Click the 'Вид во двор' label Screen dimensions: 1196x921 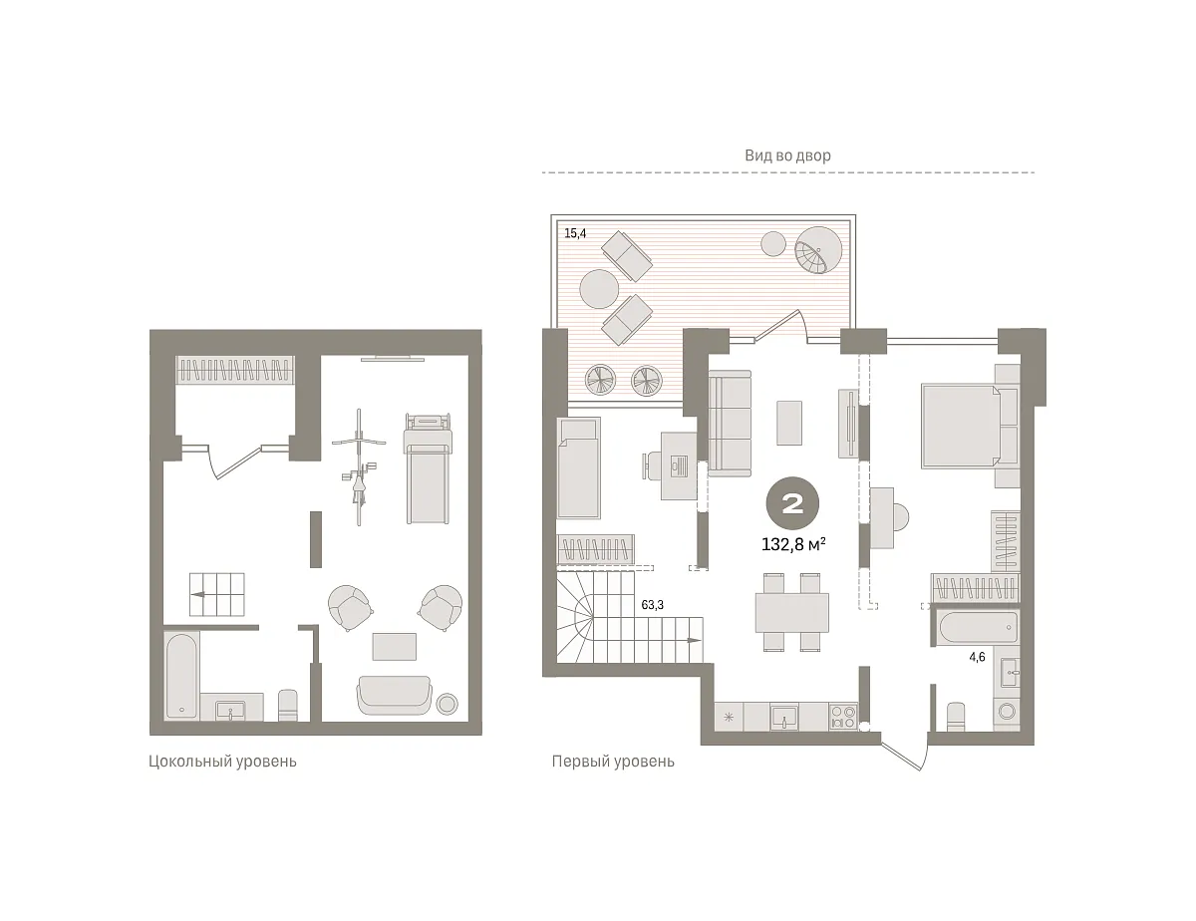coord(787,155)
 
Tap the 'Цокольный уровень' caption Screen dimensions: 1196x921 coord(222,762)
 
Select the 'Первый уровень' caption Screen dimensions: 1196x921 coord(613,762)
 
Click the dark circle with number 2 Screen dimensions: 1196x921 coord(792,503)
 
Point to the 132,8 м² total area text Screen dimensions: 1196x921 coord(793,544)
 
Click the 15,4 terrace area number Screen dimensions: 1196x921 coord(575,233)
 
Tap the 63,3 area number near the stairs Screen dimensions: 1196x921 coord(652,605)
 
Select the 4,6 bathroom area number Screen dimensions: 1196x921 coord(977,657)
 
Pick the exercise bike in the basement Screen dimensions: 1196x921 coord(359,466)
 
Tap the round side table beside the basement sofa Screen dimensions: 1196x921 coord(447,704)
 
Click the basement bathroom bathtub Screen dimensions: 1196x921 coord(181,676)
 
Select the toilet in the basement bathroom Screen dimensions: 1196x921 coord(288,706)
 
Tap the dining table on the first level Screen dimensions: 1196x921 coord(792,612)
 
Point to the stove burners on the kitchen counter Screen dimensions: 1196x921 coord(843,717)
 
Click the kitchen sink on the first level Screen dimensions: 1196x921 coord(783,717)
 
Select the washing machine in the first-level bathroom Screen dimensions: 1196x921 coord(1008,711)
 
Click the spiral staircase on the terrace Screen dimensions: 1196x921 coord(818,250)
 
